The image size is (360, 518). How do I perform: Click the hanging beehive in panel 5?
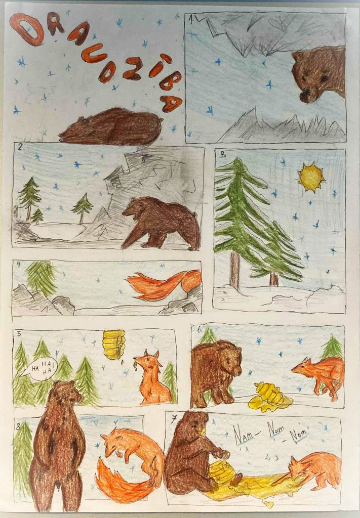coord(113,344)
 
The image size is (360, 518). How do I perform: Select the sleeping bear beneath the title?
coord(111,127)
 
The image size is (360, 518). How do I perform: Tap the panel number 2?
coord(20,148)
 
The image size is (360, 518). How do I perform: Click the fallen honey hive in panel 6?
coord(270,397)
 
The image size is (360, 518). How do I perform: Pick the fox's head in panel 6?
coord(302,367)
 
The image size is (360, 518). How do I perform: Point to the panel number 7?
coord(174,419)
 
